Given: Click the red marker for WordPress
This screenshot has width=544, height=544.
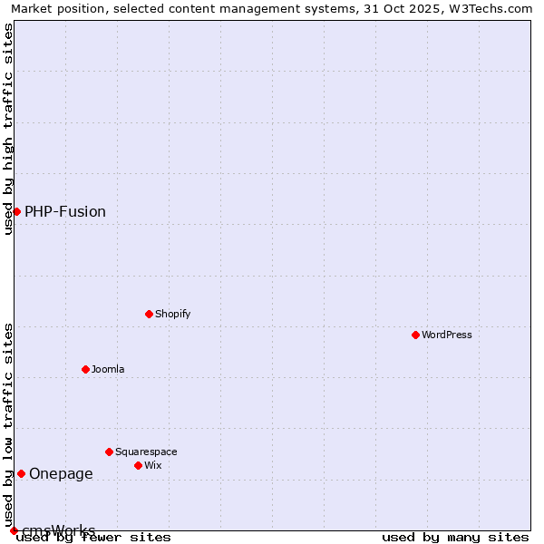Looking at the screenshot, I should [x=415, y=335].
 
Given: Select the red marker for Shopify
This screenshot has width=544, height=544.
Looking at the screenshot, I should [x=149, y=314].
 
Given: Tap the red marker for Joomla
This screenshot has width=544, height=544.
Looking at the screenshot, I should [x=85, y=369].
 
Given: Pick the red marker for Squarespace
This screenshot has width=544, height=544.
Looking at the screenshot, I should [x=109, y=452].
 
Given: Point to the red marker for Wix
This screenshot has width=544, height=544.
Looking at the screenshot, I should [x=138, y=465].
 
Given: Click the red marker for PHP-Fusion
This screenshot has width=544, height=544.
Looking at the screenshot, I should [x=16, y=211].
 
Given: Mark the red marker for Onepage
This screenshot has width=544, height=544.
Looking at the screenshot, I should [x=21, y=473].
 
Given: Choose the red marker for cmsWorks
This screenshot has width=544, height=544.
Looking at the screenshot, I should [x=14, y=530].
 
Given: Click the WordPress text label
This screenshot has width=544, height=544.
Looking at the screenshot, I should [x=447, y=335].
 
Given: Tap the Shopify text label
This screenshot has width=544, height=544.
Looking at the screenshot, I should [x=172, y=314].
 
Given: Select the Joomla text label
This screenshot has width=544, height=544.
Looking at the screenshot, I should [x=108, y=369].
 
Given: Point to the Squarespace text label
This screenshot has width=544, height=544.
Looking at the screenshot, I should [x=146, y=452].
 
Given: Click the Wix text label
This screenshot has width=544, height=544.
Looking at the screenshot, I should [x=152, y=465].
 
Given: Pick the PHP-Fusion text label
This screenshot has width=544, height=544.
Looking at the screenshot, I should [x=65, y=211].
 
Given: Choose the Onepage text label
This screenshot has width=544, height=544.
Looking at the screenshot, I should [x=61, y=473].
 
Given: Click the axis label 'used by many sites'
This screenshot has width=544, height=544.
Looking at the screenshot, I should [x=455, y=538].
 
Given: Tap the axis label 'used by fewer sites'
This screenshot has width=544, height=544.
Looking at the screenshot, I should [x=94, y=538].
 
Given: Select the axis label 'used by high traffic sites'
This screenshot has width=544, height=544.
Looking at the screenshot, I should [x=8, y=129].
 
